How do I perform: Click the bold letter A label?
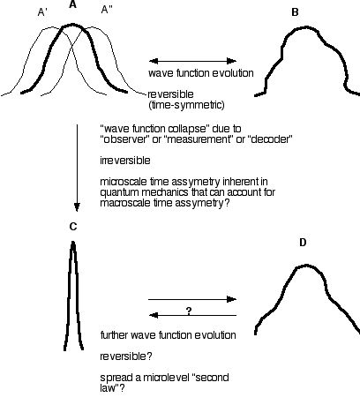pos(72,4)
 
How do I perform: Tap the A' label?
pos(42,12)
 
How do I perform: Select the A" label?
pos(107,10)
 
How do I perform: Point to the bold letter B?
pos(295,12)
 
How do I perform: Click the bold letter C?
pos(73,227)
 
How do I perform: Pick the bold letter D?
pos(303,243)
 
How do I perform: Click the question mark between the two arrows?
pos(189,311)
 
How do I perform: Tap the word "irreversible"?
pos(125,161)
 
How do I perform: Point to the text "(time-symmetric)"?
pos(186,105)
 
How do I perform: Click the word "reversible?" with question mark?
pos(126,356)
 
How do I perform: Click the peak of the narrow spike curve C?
pos(73,242)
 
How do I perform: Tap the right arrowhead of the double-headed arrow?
pos(232,61)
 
